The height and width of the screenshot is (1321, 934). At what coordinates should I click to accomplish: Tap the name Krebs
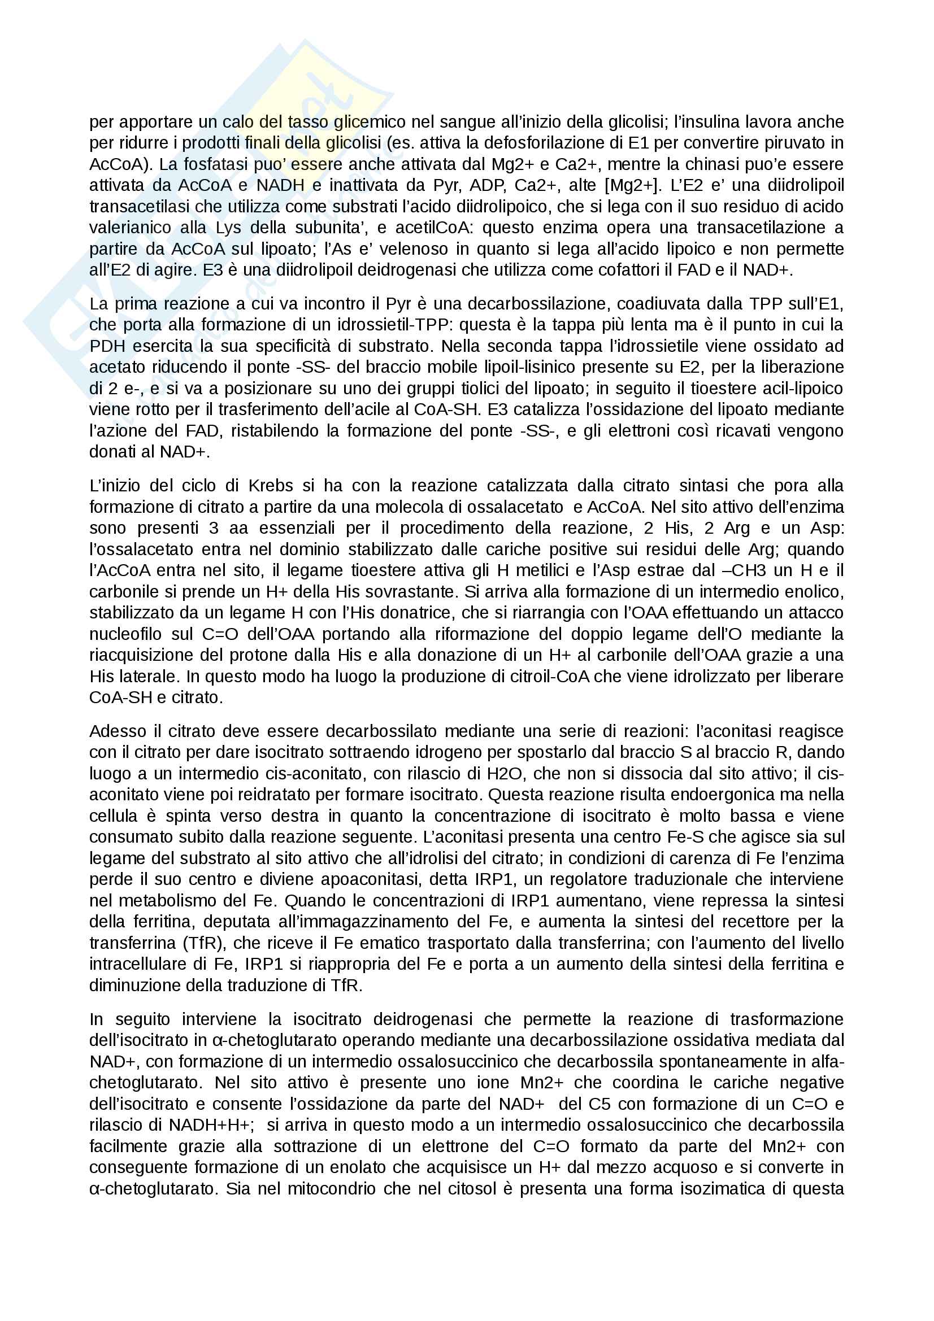[271, 486]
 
